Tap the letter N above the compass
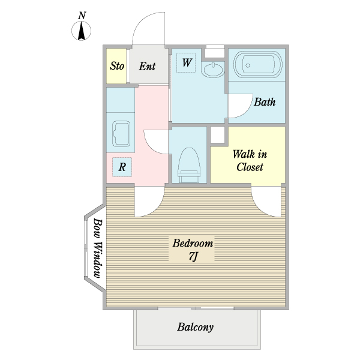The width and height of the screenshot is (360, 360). (x=82, y=16)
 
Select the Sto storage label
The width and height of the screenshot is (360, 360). (x=117, y=66)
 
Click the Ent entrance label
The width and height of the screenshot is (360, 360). (x=148, y=66)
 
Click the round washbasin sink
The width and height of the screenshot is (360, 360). (x=212, y=70)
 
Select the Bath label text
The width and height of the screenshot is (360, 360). (x=265, y=102)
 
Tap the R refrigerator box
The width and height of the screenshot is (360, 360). (x=122, y=167)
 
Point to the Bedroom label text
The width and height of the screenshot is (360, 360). (x=193, y=244)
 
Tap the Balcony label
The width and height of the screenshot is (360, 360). (x=195, y=328)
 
